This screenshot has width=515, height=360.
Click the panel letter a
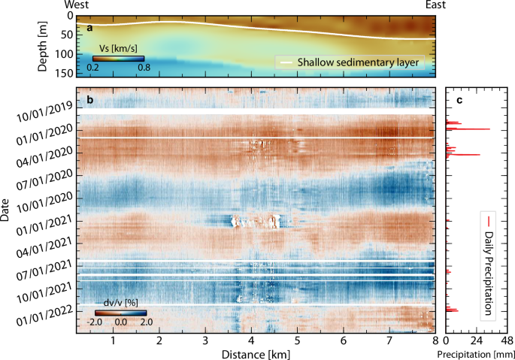click(89, 28)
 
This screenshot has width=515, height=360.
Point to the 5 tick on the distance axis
click(298, 340)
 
